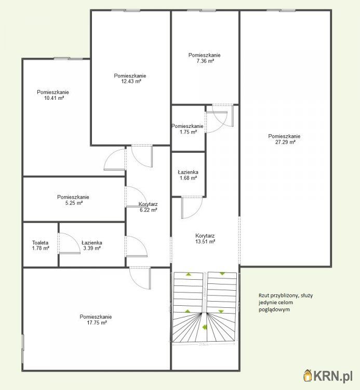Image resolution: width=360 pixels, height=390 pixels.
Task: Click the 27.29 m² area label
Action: coord(284,139)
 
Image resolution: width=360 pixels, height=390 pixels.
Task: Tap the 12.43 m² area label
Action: coord(130,79)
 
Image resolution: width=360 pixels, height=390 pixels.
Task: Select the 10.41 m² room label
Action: coord(52,95)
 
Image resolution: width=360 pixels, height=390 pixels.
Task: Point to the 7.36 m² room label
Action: coord(205,58)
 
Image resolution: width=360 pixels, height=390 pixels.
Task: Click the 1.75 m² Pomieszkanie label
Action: coord(188,129)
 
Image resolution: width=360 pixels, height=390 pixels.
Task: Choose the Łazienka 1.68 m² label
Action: coord(188,175)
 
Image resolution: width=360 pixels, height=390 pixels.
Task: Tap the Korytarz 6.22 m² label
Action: coord(148,207)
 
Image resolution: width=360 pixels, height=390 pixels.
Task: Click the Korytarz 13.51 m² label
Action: coord(205,238)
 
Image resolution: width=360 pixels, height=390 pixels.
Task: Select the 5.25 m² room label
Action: coord(73,200)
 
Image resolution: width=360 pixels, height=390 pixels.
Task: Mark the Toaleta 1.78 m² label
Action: coord(41,245)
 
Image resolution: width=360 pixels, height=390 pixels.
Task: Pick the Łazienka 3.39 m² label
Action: coord(91,245)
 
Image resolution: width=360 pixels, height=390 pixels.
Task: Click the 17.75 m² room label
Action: coord(96,320)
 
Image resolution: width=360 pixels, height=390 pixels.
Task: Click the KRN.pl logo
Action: coord(329,374)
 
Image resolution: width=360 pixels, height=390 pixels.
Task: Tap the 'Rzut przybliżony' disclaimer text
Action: coord(285,303)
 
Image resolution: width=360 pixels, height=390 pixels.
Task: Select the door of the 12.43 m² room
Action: coord(140,155)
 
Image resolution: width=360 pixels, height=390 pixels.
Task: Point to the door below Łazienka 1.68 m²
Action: coord(191,208)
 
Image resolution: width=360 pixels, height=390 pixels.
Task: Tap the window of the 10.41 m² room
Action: coord(69,58)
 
